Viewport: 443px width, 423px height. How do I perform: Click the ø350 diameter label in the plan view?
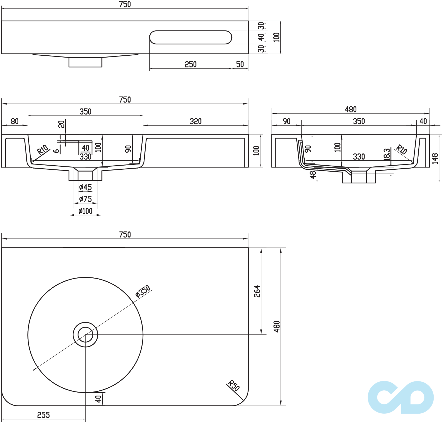point(143,291)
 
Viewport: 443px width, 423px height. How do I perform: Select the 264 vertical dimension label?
point(257,291)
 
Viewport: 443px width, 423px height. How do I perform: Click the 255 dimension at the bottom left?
point(43,415)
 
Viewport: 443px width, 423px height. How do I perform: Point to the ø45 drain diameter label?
point(85,187)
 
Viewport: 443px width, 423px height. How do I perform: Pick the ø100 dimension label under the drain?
point(85,211)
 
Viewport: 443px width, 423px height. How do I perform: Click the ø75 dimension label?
point(85,199)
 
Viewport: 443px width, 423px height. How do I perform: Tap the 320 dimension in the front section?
point(195,121)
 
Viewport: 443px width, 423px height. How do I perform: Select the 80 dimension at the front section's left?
point(15,121)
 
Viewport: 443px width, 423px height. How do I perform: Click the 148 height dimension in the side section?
point(435,158)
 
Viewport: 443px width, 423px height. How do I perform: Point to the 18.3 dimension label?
point(387,154)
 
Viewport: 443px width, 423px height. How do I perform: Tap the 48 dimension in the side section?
point(313,175)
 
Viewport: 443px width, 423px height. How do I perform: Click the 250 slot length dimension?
point(191,64)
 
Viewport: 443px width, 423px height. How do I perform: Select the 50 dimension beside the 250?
point(240,64)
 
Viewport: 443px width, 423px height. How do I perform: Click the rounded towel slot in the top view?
point(191,37)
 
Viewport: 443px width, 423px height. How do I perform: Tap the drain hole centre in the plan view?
point(85,334)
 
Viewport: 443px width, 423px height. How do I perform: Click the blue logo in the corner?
point(401,397)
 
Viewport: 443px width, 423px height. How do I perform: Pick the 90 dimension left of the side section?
point(286,121)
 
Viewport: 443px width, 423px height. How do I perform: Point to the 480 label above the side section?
point(351,109)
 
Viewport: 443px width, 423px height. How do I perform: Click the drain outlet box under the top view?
point(85,62)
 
